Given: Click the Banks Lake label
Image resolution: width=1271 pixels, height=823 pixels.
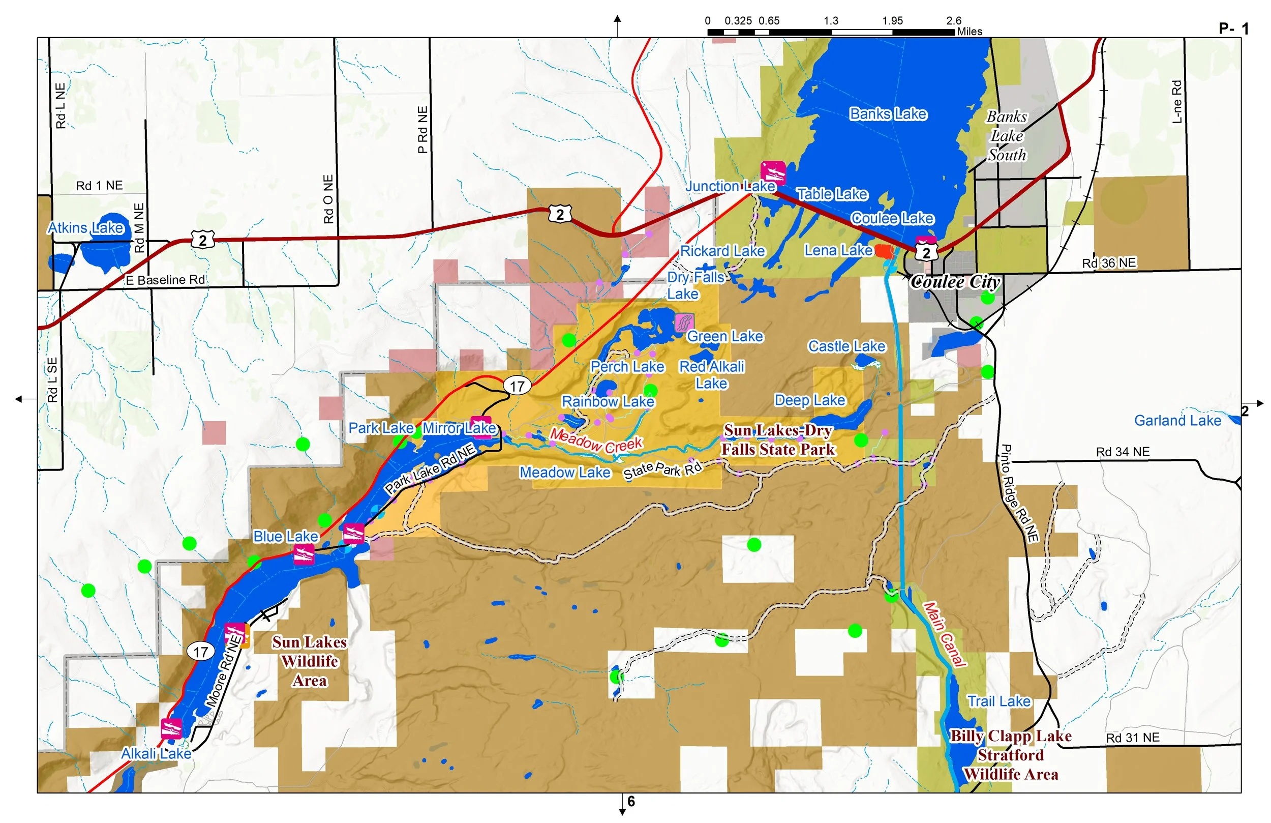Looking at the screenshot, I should [x=888, y=114].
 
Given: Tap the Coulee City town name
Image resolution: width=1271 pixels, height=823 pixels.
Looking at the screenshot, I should [x=955, y=282].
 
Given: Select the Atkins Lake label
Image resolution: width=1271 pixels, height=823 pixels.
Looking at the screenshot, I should [x=86, y=228].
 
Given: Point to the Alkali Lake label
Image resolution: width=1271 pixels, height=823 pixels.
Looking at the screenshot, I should [x=156, y=753].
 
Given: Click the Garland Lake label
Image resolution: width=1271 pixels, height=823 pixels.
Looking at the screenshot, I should [x=1177, y=421].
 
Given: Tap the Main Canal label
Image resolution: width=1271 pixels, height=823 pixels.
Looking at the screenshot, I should [x=945, y=634].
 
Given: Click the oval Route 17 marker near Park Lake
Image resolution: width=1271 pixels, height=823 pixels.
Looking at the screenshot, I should [x=517, y=386].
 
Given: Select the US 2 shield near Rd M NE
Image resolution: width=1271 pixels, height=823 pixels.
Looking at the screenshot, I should [x=203, y=240].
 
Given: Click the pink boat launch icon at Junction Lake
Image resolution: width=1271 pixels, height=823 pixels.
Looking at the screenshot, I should [x=773, y=172].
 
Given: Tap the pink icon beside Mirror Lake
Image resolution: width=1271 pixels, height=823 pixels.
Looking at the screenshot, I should [x=481, y=427].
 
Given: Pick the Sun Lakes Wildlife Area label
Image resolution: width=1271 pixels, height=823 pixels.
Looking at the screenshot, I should [x=310, y=662].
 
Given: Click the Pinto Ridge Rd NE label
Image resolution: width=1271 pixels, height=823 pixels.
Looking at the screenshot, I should [x=1019, y=493].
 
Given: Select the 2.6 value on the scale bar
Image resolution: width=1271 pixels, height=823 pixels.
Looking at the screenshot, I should [x=953, y=21].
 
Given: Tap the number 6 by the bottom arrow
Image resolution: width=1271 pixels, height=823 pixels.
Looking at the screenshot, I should [x=631, y=801].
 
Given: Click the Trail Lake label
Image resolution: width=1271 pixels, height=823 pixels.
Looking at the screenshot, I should [x=998, y=701].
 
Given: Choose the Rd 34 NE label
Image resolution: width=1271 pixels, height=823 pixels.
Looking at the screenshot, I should [x=1123, y=452].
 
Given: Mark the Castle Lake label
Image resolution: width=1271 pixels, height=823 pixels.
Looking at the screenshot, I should [x=846, y=346].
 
